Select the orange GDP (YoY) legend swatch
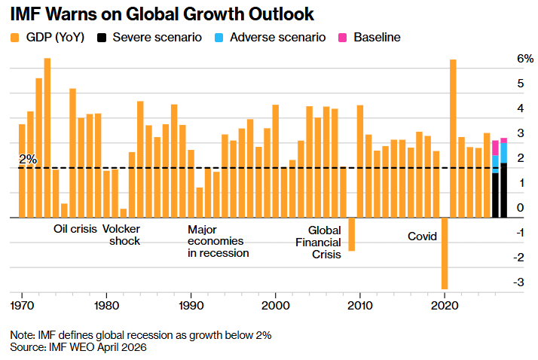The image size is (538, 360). tap(14, 37)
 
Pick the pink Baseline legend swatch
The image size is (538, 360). tap(341, 37)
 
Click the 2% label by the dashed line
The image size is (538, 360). tap(28, 159)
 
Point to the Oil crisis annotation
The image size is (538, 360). tap(75, 229)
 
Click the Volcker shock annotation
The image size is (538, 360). tap(125, 235)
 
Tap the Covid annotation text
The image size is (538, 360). tap(422, 236)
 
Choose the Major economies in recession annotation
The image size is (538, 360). tap(218, 241)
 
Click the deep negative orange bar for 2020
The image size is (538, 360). tap(445, 253)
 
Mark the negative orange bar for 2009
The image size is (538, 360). tap(351, 234)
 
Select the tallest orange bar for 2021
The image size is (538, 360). tap(453, 138)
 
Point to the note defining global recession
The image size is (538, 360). tap(140, 334)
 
